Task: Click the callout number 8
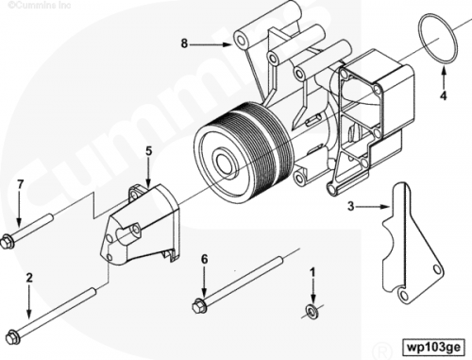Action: point(184,43)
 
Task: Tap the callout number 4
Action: point(444,95)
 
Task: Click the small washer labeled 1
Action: point(312,310)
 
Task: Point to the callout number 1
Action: point(312,273)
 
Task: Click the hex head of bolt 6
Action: point(198,306)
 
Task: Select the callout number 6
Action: point(205,260)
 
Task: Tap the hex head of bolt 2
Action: point(12,336)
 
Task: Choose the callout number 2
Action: point(29,278)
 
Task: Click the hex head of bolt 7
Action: point(7,242)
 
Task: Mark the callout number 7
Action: point(21,184)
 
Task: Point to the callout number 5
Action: point(149,151)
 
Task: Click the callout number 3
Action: point(351,207)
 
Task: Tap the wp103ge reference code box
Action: point(434,347)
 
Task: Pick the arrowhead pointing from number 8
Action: point(228,44)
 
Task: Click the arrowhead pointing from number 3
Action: point(385,207)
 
